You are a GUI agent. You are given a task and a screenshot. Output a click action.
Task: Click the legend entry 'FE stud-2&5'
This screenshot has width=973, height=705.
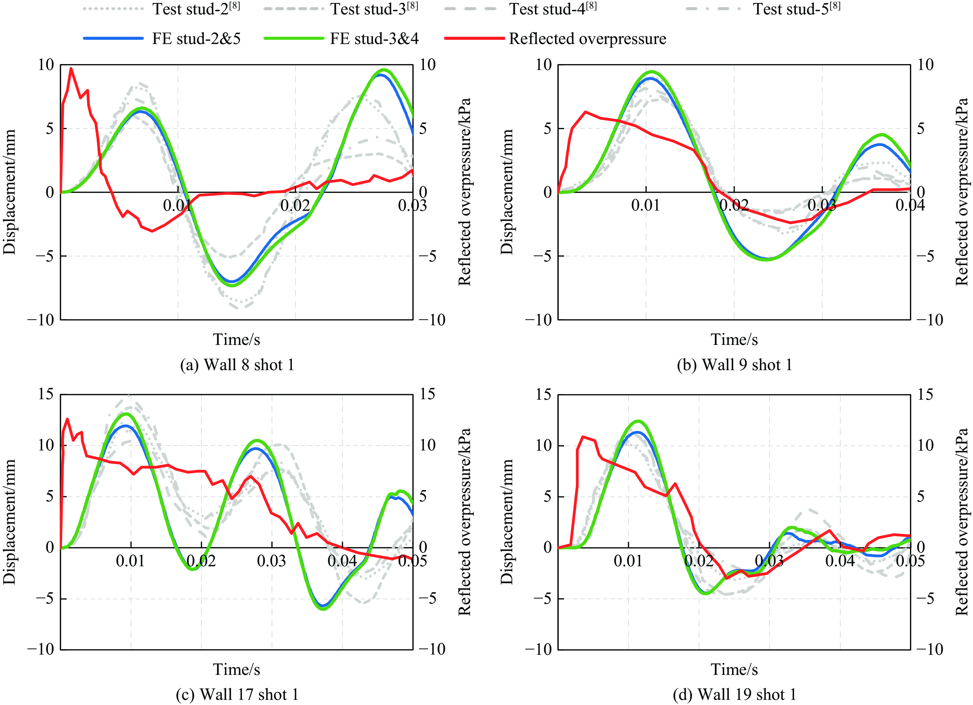pyautogui.click(x=196, y=39)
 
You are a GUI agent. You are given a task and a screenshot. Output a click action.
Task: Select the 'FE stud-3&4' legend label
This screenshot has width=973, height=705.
pyautogui.click(x=374, y=39)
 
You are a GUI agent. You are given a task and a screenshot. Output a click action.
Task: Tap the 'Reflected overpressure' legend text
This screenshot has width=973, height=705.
pyautogui.click(x=587, y=39)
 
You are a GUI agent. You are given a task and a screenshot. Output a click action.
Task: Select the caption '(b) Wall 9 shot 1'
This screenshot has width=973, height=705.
pyautogui.click(x=734, y=365)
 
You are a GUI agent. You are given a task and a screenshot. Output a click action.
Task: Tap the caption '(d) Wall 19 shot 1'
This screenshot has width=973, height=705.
pyautogui.click(x=734, y=694)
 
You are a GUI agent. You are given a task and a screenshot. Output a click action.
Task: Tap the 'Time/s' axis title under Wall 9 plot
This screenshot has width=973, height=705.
pyautogui.click(x=734, y=340)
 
